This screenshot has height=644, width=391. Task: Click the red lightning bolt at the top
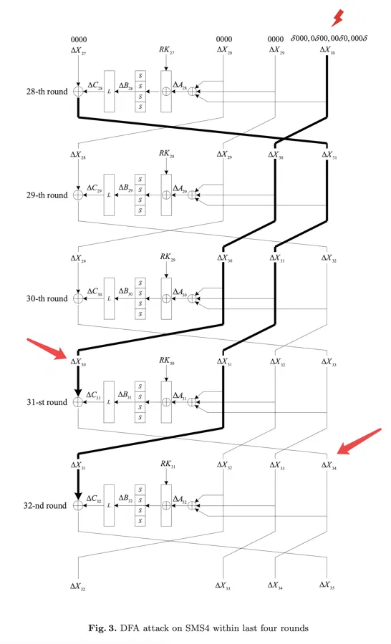(x=337, y=18)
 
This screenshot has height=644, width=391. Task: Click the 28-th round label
(x=47, y=92)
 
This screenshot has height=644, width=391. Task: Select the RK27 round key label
(x=167, y=50)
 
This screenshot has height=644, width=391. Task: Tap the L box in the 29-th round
(x=109, y=195)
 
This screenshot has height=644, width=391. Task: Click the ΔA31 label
(x=180, y=396)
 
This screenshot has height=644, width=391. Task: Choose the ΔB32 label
(x=126, y=498)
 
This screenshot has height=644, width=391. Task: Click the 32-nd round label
(x=45, y=506)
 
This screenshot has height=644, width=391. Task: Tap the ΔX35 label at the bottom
(x=327, y=585)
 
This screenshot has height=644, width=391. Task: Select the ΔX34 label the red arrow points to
(x=329, y=465)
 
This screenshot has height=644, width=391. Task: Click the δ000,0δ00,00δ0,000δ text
(x=329, y=39)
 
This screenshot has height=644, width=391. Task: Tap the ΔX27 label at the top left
(x=79, y=51)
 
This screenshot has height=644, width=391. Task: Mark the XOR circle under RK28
(x=166, y=195)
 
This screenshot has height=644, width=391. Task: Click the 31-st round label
(x=47, y=402)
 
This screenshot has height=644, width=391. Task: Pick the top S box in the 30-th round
(x=140, y=283)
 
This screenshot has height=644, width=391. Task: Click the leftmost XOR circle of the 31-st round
(x=78, y=402)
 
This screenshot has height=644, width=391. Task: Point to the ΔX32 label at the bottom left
(x=78, y=587)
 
